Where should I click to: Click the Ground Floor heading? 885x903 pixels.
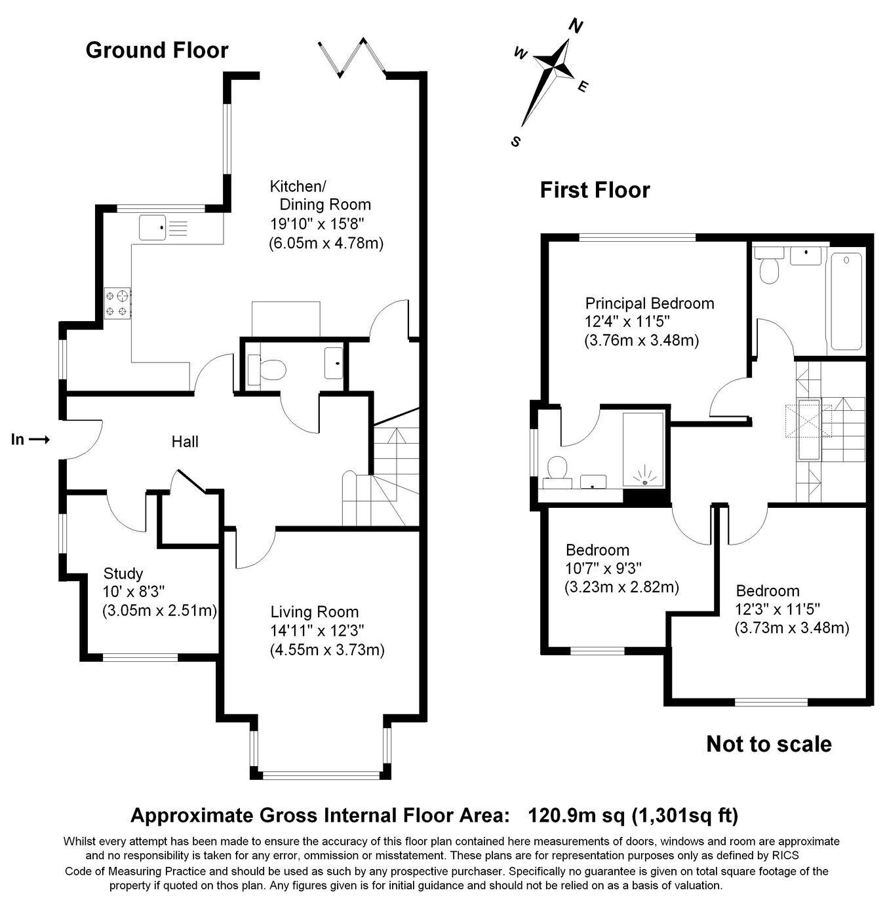(157, 50)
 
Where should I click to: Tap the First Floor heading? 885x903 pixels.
(595, 190)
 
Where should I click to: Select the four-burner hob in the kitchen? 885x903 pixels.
(117, 303)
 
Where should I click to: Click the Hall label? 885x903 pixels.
(185, 442)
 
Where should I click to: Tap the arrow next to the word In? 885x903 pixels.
(39, 440)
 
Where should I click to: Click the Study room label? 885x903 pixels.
(123, 573)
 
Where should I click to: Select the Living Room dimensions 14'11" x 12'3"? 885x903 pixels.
(317, 631)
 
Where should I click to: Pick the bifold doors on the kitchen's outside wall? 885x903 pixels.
(352, 57)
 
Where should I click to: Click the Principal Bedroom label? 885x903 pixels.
(650, 303)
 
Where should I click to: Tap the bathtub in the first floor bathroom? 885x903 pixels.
(846, 301)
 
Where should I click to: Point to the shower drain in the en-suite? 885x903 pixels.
(645, 482)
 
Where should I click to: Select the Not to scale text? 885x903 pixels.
(769, 744)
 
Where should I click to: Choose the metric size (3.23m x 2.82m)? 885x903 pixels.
(622, 587)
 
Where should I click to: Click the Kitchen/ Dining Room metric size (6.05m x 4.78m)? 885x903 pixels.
(326, 244)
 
